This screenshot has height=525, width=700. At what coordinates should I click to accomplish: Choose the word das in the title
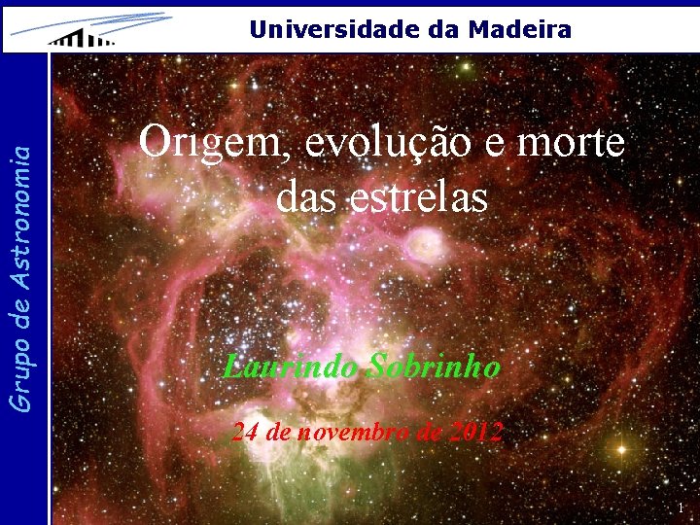[x=305, y=196]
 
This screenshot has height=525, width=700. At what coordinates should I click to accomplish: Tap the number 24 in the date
[x=244, y=432]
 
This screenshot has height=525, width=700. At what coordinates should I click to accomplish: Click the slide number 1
[x=681, y=508]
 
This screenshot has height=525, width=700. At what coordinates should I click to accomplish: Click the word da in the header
[x=445, y=29]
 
